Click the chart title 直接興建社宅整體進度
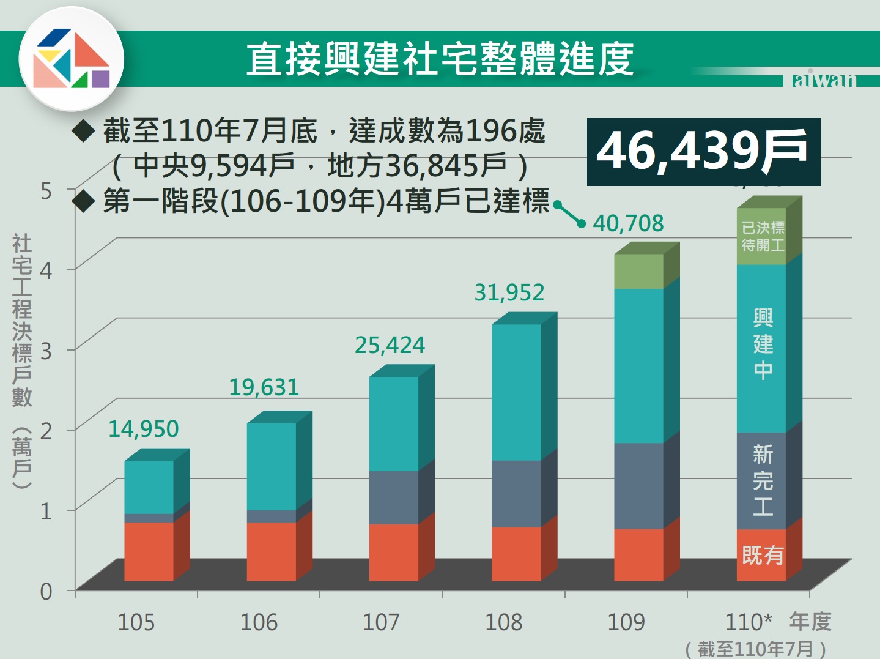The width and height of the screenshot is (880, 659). click(440, 59)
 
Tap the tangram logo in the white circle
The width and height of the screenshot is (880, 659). click(72, 59)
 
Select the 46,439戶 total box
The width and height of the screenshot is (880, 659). click(703, 151)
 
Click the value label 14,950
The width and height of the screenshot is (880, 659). click(143, 429)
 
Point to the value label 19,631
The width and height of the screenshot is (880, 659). click(264, 387)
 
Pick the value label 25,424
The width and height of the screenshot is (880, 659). click(390, 345)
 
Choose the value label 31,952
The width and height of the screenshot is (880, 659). click(509, 292)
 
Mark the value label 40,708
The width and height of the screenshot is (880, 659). click(628, 223)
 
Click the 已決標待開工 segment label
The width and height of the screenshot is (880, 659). click(763, 236)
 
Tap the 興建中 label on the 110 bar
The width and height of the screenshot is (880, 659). click(763, 344)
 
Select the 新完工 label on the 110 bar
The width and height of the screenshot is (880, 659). click(763, 480)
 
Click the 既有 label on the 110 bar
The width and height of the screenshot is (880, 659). click(763, 555)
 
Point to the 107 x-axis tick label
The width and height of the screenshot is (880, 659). click(381, 622)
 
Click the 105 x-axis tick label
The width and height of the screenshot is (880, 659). click(136, 622)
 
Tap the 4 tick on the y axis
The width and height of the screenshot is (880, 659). click(46, 269)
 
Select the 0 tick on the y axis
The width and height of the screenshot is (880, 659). click(46, 592)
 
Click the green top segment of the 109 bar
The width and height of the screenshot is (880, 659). click(638, 271)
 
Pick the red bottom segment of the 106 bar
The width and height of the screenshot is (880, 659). click(272, 551)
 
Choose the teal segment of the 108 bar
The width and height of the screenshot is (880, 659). click(516, 392)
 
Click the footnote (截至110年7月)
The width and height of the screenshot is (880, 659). click(755, 649)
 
